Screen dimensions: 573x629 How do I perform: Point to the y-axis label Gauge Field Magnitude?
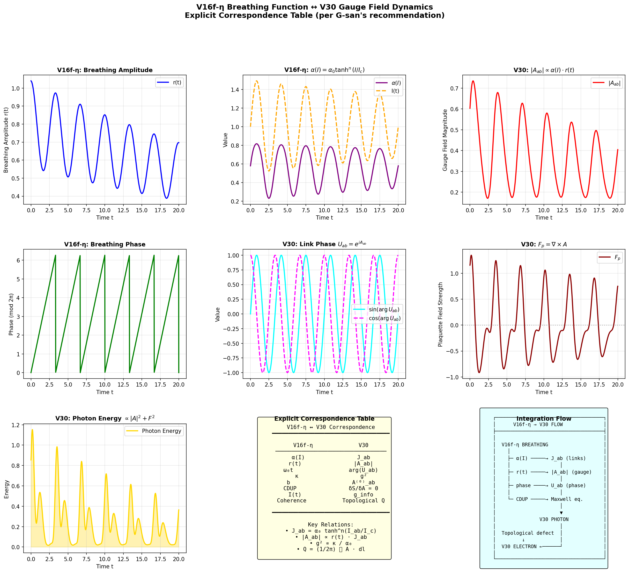click(x=445, y=140)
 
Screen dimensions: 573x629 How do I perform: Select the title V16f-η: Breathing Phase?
click(x=105, y=244)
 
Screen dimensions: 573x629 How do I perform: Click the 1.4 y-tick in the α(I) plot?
click(x=235, y=90)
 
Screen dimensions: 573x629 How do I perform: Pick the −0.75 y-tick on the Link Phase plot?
click(x=230, y=358)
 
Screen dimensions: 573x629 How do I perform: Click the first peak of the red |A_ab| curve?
click(x=473, y=81)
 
